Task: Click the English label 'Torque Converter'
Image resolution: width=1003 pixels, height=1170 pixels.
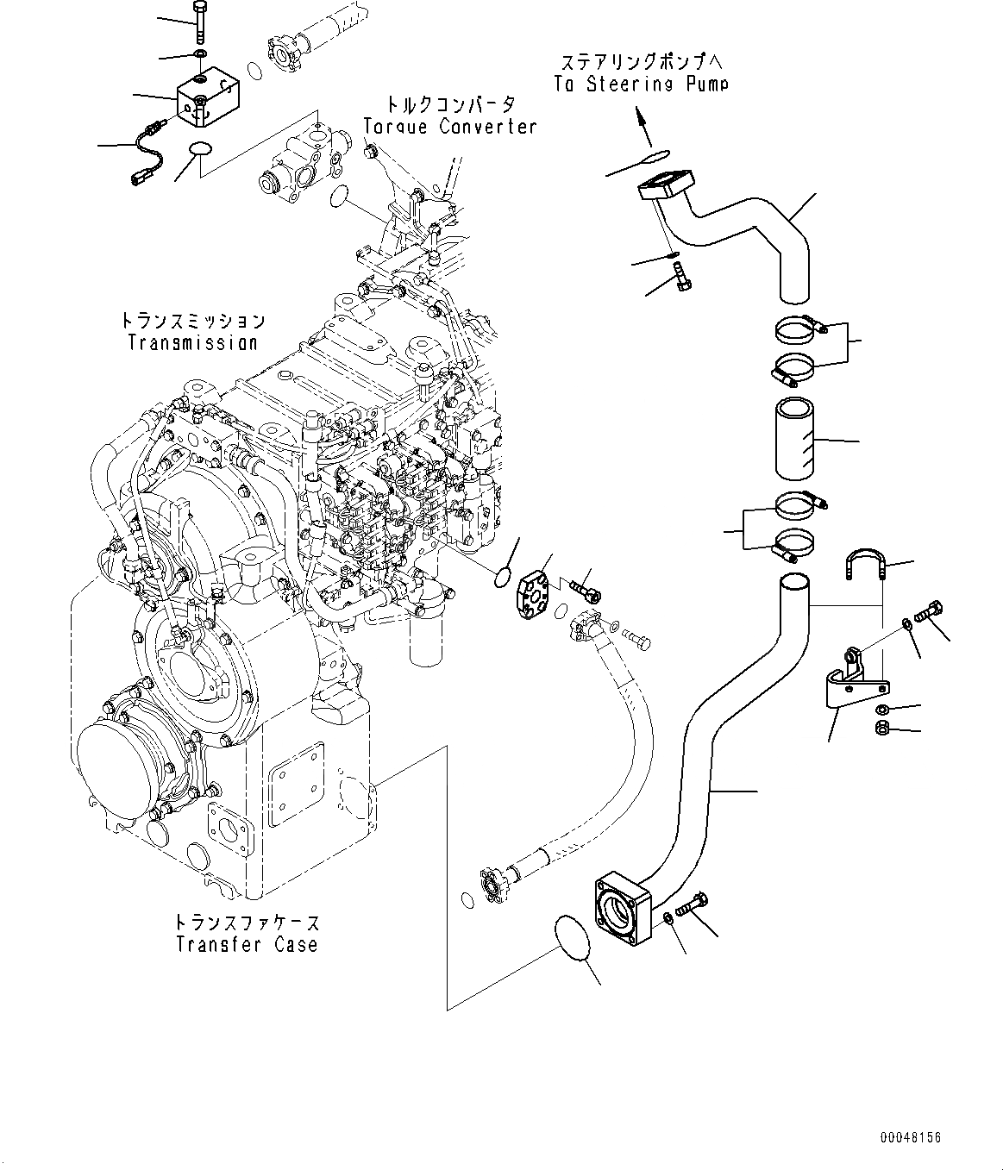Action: coord(450,126)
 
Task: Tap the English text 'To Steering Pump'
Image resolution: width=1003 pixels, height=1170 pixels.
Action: coord(641,84)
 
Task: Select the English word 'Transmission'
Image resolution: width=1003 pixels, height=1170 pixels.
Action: coord(192,342)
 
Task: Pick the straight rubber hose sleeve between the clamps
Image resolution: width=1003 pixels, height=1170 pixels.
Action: coord(794,439)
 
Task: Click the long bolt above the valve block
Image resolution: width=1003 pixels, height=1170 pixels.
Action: coord(201,22)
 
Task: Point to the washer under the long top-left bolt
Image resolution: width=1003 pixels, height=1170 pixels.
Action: coord(200,53)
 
